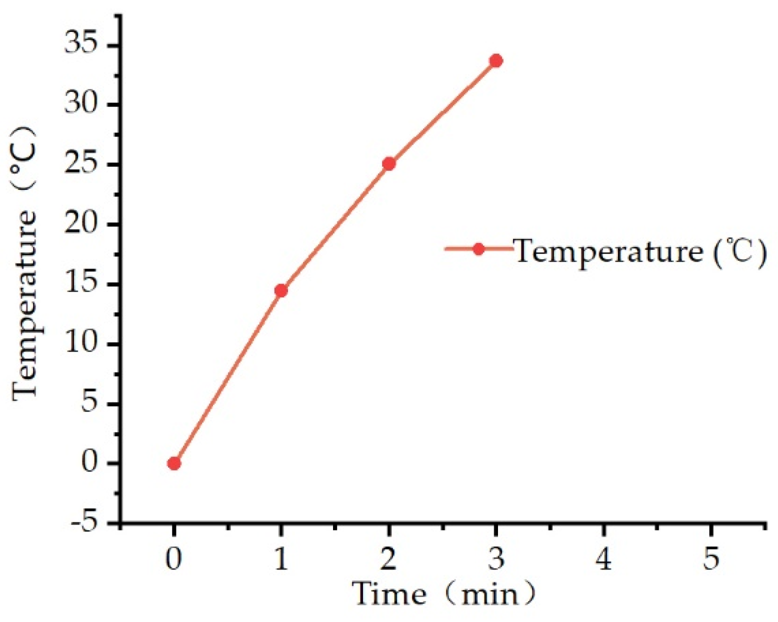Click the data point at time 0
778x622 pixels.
pos(174,463)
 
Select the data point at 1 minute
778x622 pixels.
pos(281,290)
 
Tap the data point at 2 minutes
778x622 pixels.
pos(388,163)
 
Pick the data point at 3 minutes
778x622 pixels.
pos(496,61)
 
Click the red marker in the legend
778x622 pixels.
pos(478,249)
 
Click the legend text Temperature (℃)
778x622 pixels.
pos(640,250)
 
